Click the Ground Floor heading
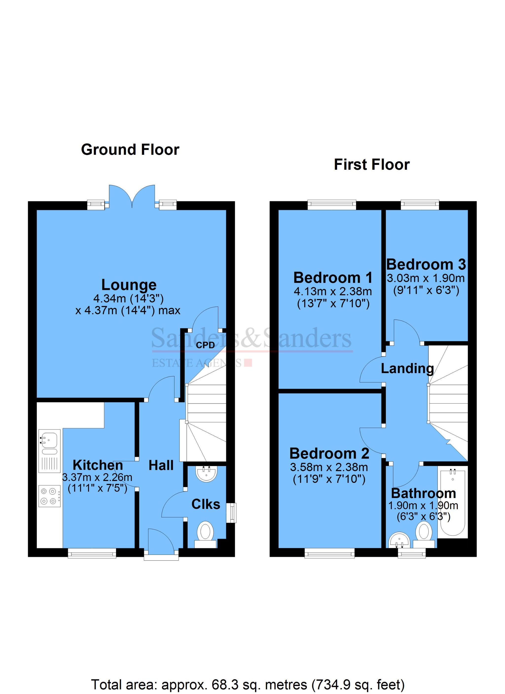click(x=130, y=150)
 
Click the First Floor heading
click(x=372, y=165)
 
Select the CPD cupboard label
click(x=205, y=346)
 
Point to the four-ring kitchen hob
click(x=49, y=496)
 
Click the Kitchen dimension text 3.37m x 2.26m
click(x=97, y=477)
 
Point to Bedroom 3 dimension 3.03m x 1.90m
click(x=426, y=278)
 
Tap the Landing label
click(x=407, y=368)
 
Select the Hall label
click(x=161, y=466)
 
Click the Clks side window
click(x=233, y=513)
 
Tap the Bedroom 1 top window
click(x=332, y=205)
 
